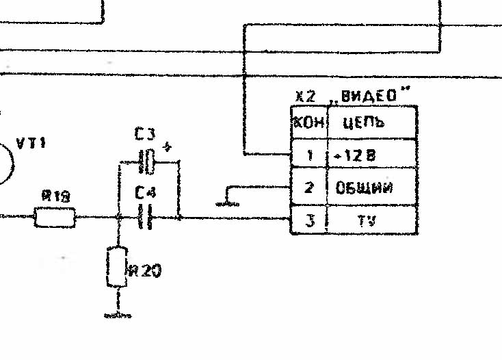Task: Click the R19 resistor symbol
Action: click(x=55, y=218)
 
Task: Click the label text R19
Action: click(x=55, y=197)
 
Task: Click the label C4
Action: click(x=145, y=194)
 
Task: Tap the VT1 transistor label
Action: click(x=31, y=144)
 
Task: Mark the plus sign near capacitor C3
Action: click(x=168, y=148)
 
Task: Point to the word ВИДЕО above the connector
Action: click(x=372, y=97)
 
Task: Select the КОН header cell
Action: click(x=308, y=123)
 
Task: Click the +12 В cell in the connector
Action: click(x=371, y=156)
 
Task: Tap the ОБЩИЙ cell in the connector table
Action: click(x=371, y=188)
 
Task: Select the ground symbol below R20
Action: click(x=118, y=315)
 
